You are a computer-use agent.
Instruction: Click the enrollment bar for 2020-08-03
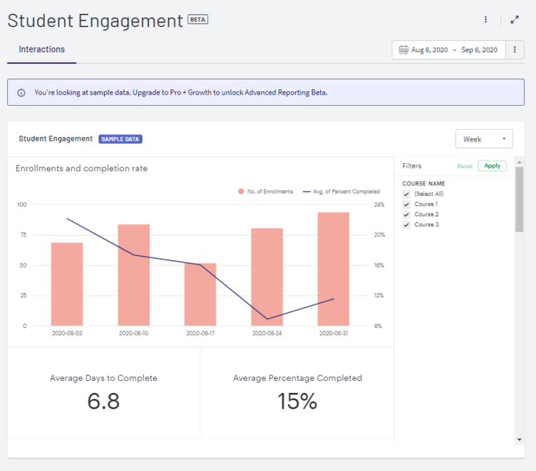[x=67, y=284]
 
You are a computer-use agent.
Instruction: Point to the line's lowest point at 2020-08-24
[x=267, y=319]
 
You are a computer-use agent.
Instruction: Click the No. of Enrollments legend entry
[x=265, y=191]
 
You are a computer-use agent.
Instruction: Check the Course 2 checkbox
[x=406, y=215]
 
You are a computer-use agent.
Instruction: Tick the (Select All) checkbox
[x=406, y=194]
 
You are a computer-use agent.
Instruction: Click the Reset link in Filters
[x=465, y=166]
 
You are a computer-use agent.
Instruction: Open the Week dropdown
[x=484, y=139]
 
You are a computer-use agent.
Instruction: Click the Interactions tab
[x=42, y=50]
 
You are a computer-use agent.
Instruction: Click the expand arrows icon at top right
[x=515, y=20]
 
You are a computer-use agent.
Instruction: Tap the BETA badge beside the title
[x=198, y=20]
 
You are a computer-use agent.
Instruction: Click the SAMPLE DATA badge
[x=120, y=139]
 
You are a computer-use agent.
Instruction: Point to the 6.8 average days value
[x=104, y=401]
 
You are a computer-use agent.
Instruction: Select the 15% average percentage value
[x=297, y=401]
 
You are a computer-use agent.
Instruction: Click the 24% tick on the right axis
[x=379, y=204]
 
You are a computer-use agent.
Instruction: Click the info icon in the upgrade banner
[x=21, y=93]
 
